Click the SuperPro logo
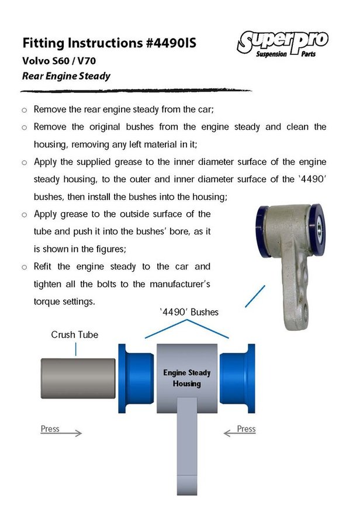[282, 43]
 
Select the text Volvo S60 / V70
[59, 61]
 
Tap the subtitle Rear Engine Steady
[66, 76]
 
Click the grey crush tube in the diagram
[78, 378]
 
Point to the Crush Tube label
[74, 334]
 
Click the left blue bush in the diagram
[136, 378]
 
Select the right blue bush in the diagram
[237, 378]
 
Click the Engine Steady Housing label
[187, 378]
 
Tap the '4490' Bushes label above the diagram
[189, 312]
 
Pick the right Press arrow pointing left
[240, 433]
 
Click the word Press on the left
[50, 429]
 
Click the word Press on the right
[246, 429]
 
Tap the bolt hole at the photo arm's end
[306, 312]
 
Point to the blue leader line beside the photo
[255, 296]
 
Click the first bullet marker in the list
[24, 110]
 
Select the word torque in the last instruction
[47, 302]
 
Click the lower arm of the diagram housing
[187, 446]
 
